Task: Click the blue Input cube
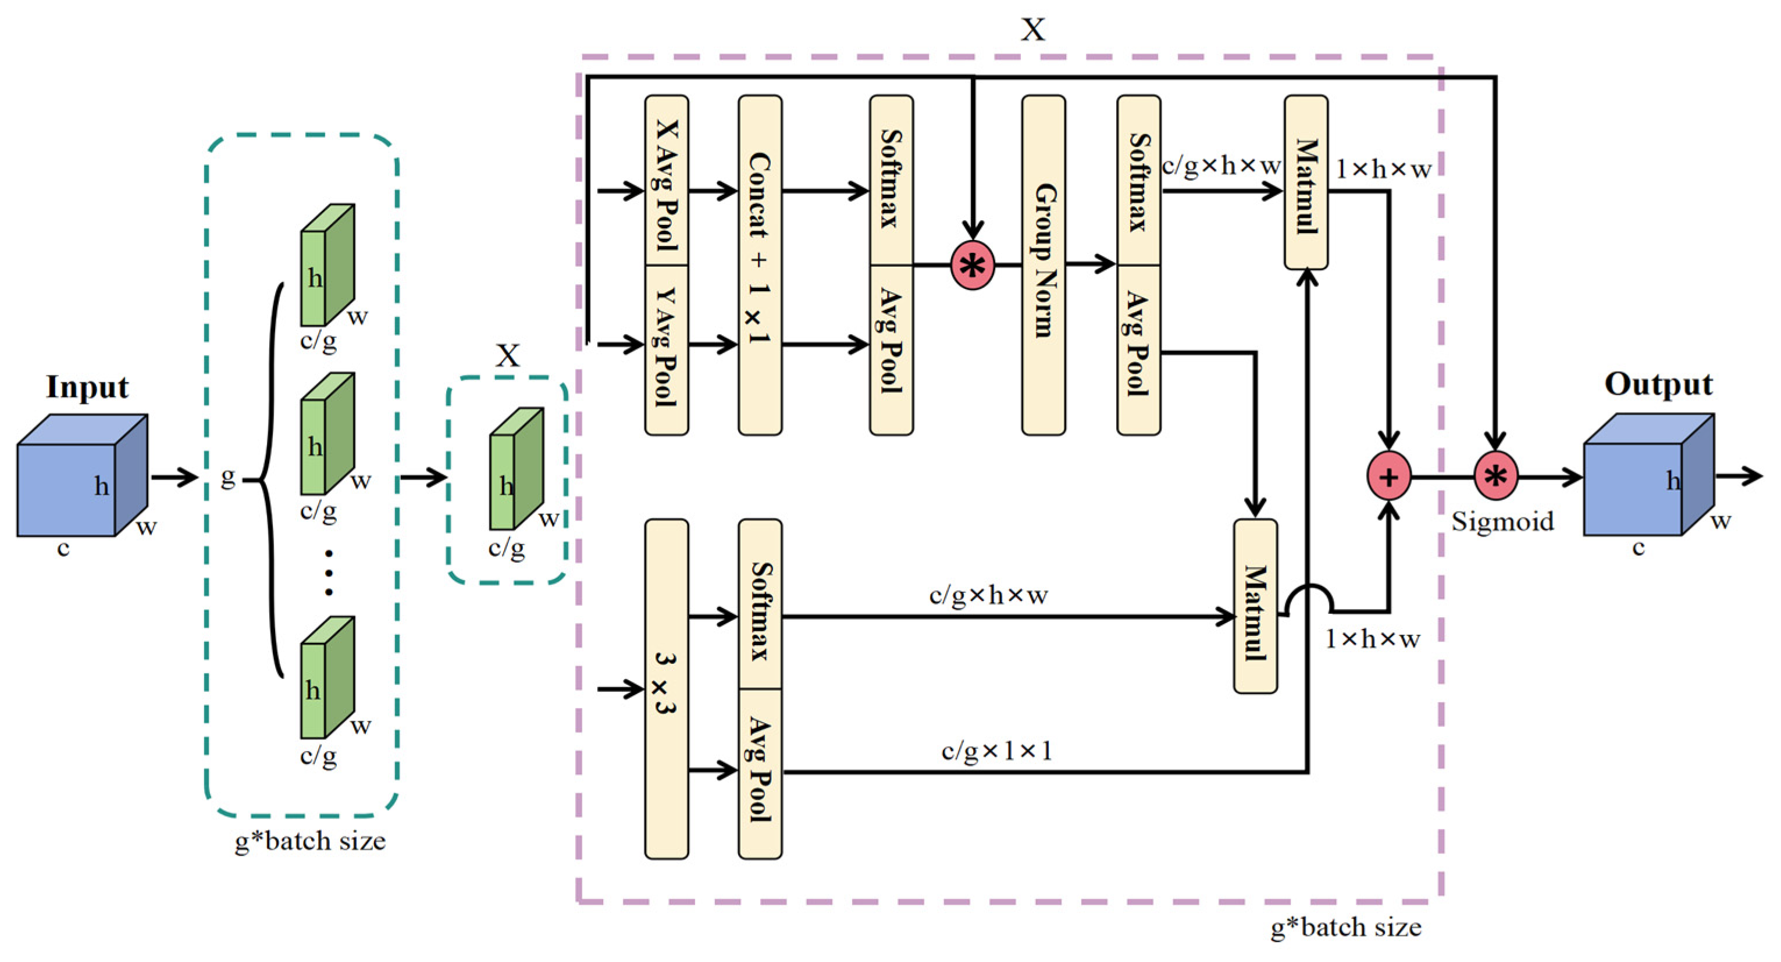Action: pyautogui.click(x=81, y=475)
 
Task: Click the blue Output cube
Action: pyautogui.click(x=1648, y=474)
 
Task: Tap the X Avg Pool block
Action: pyautogui.click(x=666, y=180)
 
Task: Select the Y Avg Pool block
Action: pyautogui.click(x=666, y=351)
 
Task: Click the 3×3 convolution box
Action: pyautogui.click(x=666, y=689)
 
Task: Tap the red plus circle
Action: pyautogui.click(x=1389, y=476)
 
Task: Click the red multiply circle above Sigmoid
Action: pyautogui.click(x=1495, y=476)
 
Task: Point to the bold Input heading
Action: pyautogui.click(x=87, y=388)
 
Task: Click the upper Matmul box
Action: pyautogui.click(x=1306, y=182)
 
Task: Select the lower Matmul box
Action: pyautogui.click(x=1256, y=606)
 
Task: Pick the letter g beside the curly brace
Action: pyautogui.click(x=227, y=478)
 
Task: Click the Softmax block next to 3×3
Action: pyautogui.click(x=760, y=604)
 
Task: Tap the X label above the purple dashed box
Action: pyautogui.click(x=1033, y=30)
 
